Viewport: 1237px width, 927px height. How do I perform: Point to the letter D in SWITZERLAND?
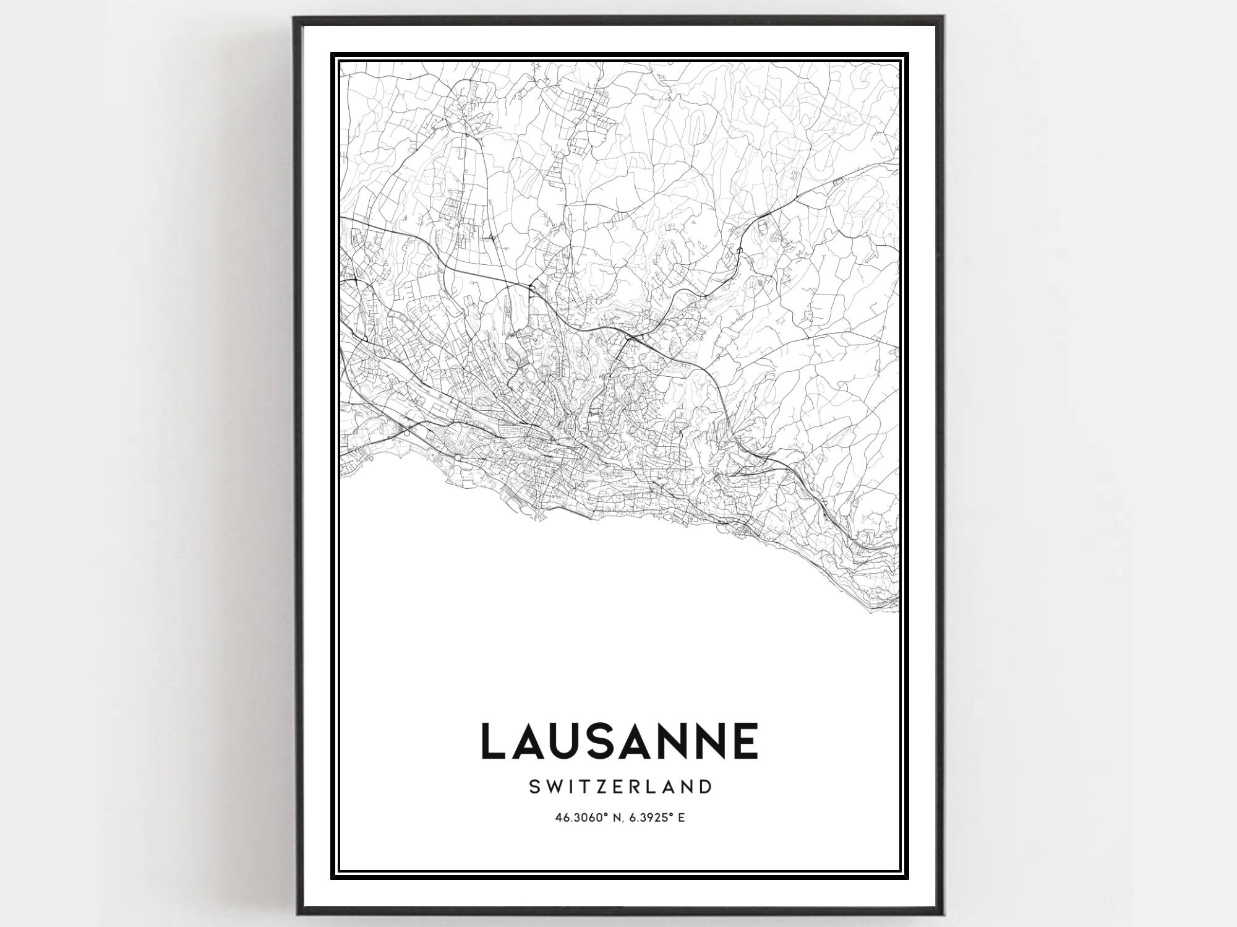pos(704,787)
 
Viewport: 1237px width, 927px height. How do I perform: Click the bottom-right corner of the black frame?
pos(942,912)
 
